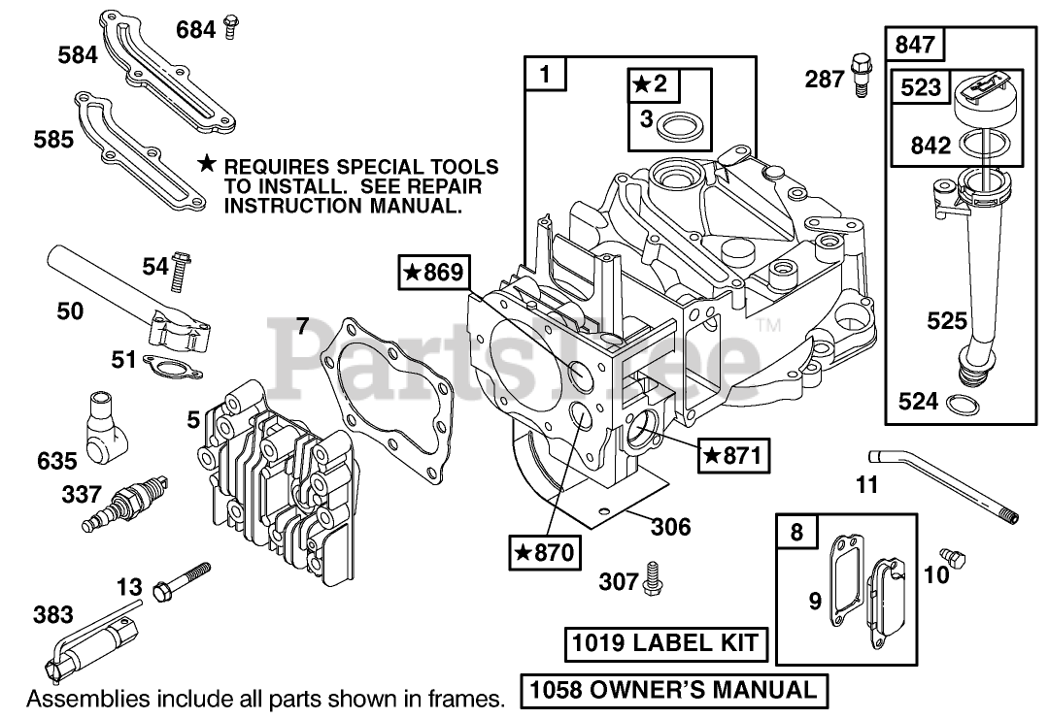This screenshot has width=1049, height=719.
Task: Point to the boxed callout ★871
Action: pos(733,453)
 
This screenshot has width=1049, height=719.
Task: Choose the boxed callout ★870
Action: pos(543,552)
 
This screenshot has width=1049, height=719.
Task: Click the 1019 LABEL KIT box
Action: pos(664,642)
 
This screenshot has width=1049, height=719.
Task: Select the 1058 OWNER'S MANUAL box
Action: pos(674,690)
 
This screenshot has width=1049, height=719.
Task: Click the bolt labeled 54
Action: pos(180,273)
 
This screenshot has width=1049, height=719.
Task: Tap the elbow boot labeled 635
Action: pos(104,427)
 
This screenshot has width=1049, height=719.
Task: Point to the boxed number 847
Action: pos(915,44)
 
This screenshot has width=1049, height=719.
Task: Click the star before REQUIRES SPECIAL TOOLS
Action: pos(206,166)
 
